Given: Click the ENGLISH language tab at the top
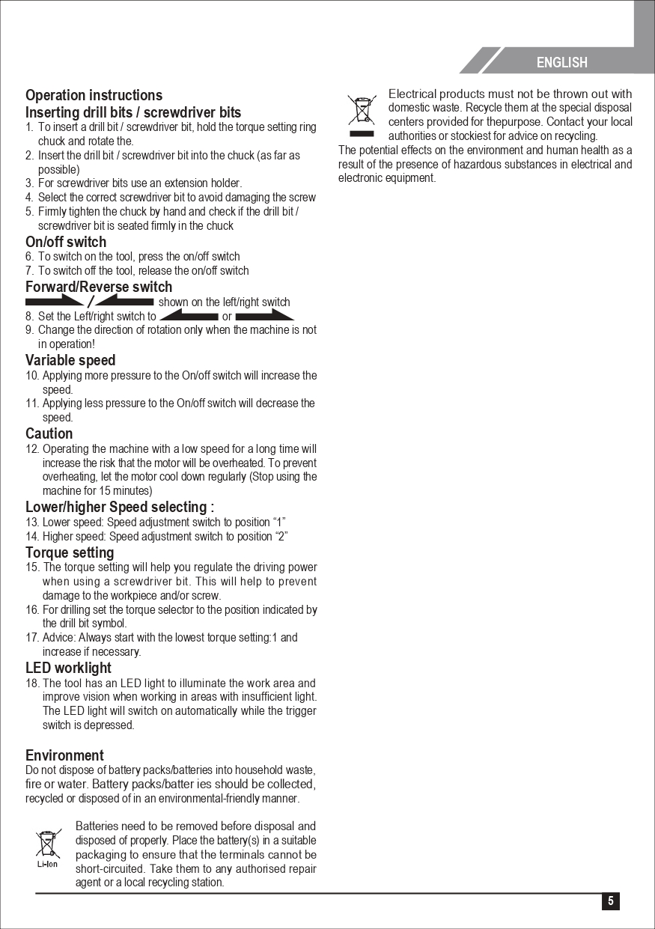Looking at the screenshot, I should pyautogui.click(x=561, y=63).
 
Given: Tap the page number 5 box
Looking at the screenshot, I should pyautogui.click(x=611, y=901).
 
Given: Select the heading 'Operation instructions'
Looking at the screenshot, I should pyautogui.click(x=94, y=95).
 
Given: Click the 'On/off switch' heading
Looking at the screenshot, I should pyautogui.click(x=66, y=242).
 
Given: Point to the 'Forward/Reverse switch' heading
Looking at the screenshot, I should pyautogui.click(x=99, y=287).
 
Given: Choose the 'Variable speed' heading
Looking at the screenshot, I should pyautogui.click(x=70, y=360).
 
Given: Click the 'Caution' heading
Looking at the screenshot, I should pyautogui.click(x=49, y=433).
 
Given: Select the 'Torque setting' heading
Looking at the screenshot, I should pyautogui.click(x=70, y=552).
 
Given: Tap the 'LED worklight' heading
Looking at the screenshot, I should pyautogui.click(x=68, y=668).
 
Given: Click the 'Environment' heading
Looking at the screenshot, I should pyautogui.click(x=64, y=755).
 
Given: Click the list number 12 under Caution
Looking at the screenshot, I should pyautogui.click(x=32, y=449).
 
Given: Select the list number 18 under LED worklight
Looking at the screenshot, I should pyautogui.click(x=32, y=683).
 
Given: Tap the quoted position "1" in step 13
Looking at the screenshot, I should pyautogui.click(x=278, y=523).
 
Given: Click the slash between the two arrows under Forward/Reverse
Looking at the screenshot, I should pyautogui.click(x=90, y=302).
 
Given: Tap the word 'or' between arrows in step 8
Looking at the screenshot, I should pyautogui.click(x=227, y=316).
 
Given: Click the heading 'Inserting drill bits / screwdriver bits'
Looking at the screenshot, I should pyautogui.click(x=133, y=112).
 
